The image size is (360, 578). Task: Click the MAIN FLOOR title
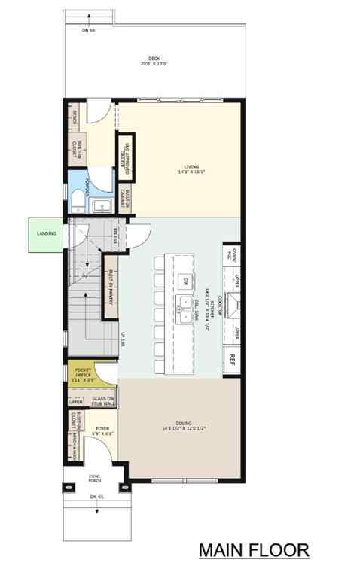(254, 550)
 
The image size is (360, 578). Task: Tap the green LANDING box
(47, 233)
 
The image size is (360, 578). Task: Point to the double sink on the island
(183, 309)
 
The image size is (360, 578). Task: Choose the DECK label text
(154, 60)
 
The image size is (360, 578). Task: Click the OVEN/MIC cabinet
(233, 257)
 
